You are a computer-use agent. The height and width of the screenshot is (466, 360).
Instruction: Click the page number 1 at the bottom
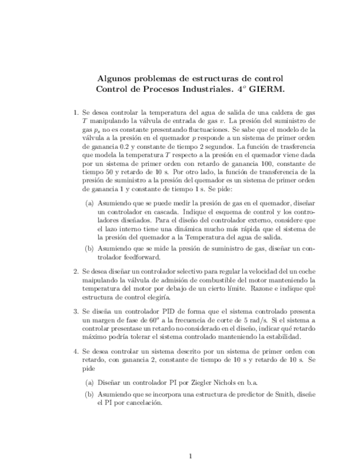190,456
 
